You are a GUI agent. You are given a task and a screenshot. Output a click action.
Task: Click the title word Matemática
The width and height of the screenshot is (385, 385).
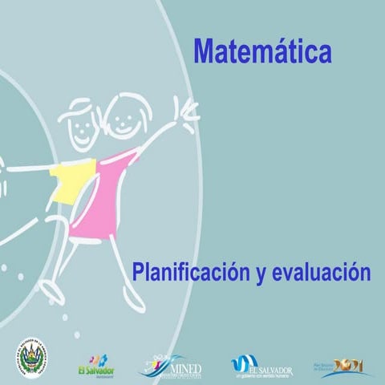[262, 52]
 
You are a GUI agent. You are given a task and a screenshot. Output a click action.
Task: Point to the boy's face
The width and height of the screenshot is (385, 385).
[80, 127]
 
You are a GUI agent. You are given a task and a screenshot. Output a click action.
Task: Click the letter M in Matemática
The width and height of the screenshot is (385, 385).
[205, 52]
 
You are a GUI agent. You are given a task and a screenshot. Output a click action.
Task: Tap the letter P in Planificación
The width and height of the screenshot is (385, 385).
[140, 272]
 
